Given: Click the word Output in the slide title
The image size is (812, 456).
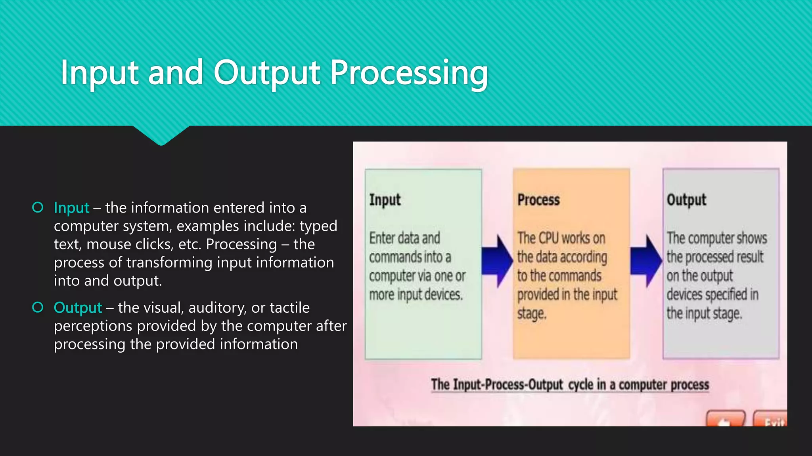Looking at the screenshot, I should click(266, 73).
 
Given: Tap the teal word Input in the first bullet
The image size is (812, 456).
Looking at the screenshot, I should click(71, 208).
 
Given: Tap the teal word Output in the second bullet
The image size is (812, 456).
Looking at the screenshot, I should click(78, 308).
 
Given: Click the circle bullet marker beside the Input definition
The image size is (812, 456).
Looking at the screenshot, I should click(38, 207).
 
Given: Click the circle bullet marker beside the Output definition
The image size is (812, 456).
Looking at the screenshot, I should click(38, 307).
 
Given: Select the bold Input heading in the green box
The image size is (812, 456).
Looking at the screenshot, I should click(385, 200).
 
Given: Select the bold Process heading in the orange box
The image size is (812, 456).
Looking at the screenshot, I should click(538, 200).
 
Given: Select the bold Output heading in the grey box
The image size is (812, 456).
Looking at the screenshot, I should click(686, 200).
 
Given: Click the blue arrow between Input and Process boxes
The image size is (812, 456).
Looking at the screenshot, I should click(497, 261).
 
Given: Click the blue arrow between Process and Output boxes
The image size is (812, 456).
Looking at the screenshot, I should click(646, 261).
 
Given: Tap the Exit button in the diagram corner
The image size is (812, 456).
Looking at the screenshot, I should click(771, 420).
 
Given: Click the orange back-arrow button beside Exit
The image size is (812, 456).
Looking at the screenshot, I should click(725, 420).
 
